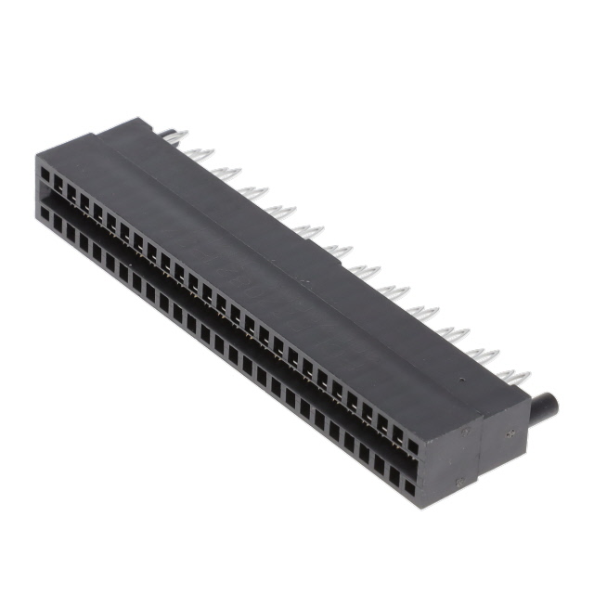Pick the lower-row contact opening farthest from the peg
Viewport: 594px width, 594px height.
[44, 213]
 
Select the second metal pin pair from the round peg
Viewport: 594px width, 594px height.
[484, 355]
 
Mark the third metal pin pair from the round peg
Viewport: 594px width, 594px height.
[457, 332]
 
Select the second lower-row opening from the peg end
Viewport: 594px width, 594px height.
[395, 472]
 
